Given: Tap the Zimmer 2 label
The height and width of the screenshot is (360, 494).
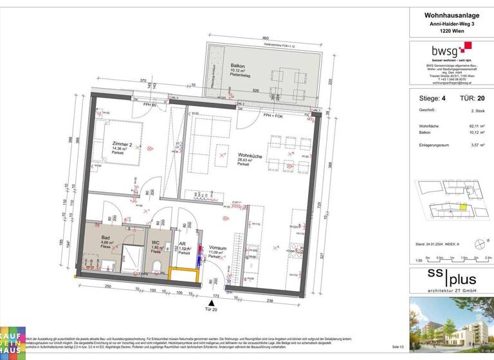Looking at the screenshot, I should pyautogui.click(x=122, y=145).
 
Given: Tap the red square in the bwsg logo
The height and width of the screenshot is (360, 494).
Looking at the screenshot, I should pyautogui.click(x=468, y=46).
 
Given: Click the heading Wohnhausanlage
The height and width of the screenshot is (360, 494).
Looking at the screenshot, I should pyautogui.click(x=449, y=15).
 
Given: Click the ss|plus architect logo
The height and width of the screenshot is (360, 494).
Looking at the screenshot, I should pyautogui.click(x=449, y=280).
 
